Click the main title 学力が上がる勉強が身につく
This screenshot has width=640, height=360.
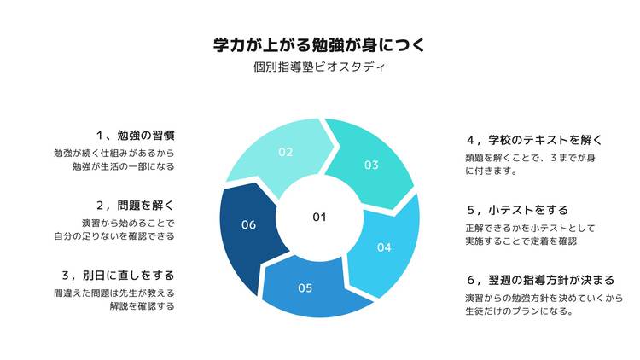tap(320, 45)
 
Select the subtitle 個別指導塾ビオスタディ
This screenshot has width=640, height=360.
tap(319, 67)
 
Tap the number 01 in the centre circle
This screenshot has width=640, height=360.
tap(320, 218)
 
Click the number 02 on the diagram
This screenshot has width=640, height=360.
tap(286, 152)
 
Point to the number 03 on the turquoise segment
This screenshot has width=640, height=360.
tap(371, 165)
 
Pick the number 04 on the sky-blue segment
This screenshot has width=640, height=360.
tap(384, 247)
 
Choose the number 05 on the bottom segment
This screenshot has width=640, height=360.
tap(305, 288)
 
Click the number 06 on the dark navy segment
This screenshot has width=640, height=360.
tap(248, 224)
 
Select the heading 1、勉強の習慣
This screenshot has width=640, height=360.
tap(136, 136)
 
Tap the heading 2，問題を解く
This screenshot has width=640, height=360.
tap(136, 206)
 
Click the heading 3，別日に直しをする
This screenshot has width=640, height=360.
tap(119, 276)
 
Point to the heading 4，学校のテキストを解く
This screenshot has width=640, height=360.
tap(535, 141)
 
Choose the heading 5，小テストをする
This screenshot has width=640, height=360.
tap(518, 210)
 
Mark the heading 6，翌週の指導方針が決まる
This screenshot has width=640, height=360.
tap(541, 281)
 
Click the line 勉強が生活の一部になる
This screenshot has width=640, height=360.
tap(124, 166)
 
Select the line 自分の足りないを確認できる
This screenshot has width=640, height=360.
tap(114, 236)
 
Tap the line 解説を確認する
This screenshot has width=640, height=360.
tap(142, 306)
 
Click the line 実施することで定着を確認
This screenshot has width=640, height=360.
tap(521, 241)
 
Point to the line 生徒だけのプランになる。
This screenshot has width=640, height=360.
tap(519, 311)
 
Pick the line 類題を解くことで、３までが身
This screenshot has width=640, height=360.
tap(530, 158)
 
